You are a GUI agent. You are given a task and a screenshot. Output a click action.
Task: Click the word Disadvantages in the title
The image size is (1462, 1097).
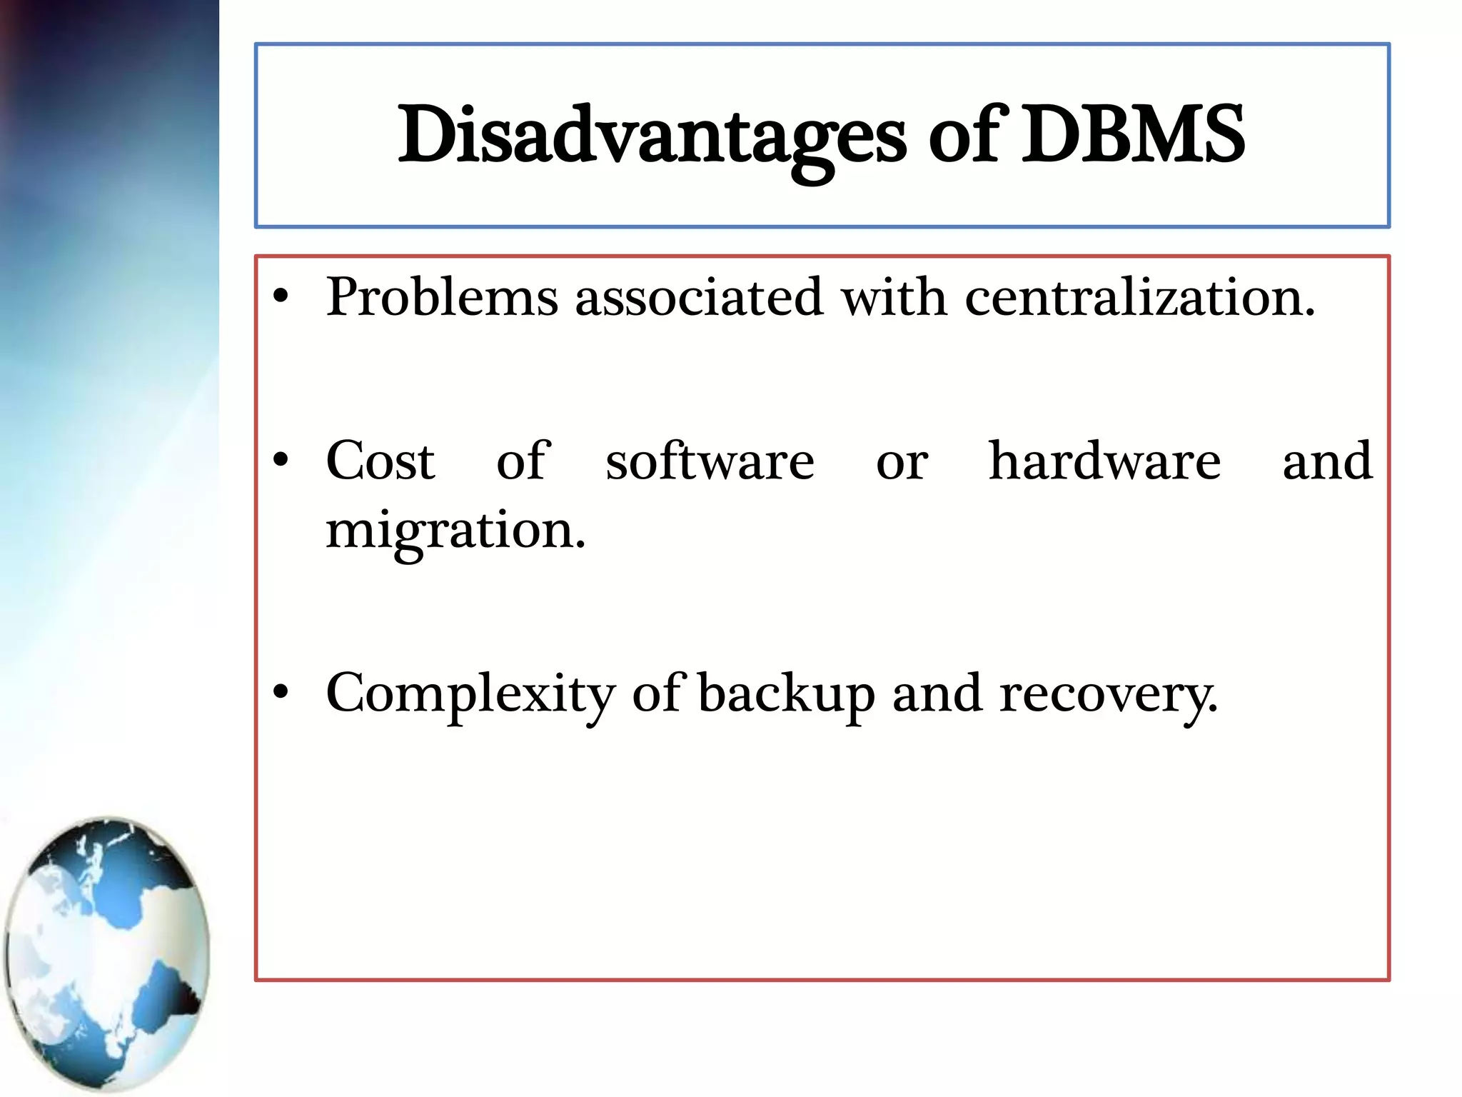[651, 136]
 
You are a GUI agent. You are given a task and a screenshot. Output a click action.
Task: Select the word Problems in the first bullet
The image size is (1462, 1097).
[442, 296]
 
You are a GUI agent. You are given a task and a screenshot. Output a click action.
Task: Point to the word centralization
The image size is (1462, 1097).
[1139, 296]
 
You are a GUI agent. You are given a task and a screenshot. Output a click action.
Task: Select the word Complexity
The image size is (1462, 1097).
[470, 694]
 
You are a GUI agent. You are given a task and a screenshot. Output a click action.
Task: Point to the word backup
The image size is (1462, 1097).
[786, 694]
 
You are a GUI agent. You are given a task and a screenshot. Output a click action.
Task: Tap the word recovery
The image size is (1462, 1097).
[1107, 694]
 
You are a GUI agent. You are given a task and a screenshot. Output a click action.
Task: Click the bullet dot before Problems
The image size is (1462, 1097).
[281, 297]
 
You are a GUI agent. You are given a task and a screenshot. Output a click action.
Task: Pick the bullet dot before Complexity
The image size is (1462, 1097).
[281, 692]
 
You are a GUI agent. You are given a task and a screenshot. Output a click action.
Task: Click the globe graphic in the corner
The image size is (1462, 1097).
[107, 953]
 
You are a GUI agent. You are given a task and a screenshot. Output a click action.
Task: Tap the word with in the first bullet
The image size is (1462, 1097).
[894, 296]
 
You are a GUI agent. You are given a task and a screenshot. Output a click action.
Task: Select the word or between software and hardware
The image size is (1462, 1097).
[902, 463]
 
